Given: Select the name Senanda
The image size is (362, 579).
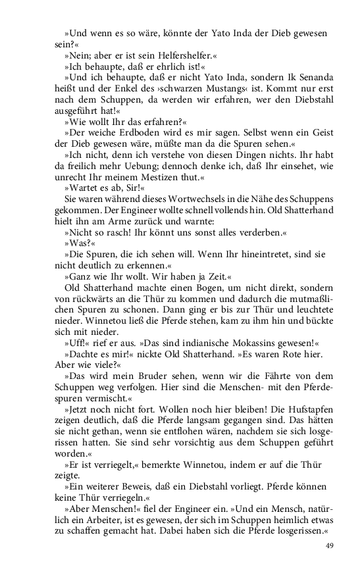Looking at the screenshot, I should (315, 78).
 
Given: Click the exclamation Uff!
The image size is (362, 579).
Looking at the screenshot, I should (77, 343).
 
